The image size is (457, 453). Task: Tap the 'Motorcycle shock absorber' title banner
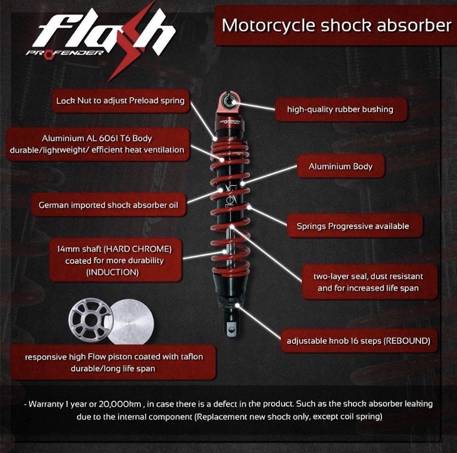point(336,25)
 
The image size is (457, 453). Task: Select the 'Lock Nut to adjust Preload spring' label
point(120,101)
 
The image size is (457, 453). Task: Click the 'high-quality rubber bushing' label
point(340,109)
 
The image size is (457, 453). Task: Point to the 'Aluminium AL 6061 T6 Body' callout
point(97,143)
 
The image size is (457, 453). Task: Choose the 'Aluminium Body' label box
point(340,166)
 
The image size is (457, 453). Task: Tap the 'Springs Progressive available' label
point(352,226)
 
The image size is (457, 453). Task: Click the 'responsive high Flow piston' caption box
point(113,363)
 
